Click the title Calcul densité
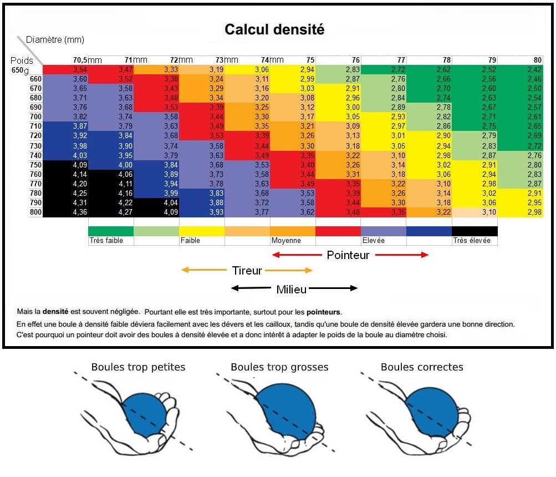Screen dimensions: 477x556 [x=274, y=29]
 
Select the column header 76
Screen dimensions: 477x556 [x=355, y=60]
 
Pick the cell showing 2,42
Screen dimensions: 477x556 [x=534, y=70]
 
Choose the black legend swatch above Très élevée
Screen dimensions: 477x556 [x=475, y=231]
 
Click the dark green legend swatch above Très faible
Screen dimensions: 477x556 [x=111, y=231]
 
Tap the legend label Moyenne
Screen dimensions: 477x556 [x=286, y=241]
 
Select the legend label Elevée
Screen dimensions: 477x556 [x=374, y=241]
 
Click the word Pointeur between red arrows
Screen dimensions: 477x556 [x=348, y=255]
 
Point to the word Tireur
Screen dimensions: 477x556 [x=247, y=271]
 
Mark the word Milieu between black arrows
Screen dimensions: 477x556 [x=292, y=289]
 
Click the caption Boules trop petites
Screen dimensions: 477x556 [x=138, y=367]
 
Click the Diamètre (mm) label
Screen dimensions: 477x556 [x=55, y=40]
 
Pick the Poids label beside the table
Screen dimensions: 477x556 [x=22, y=60]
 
